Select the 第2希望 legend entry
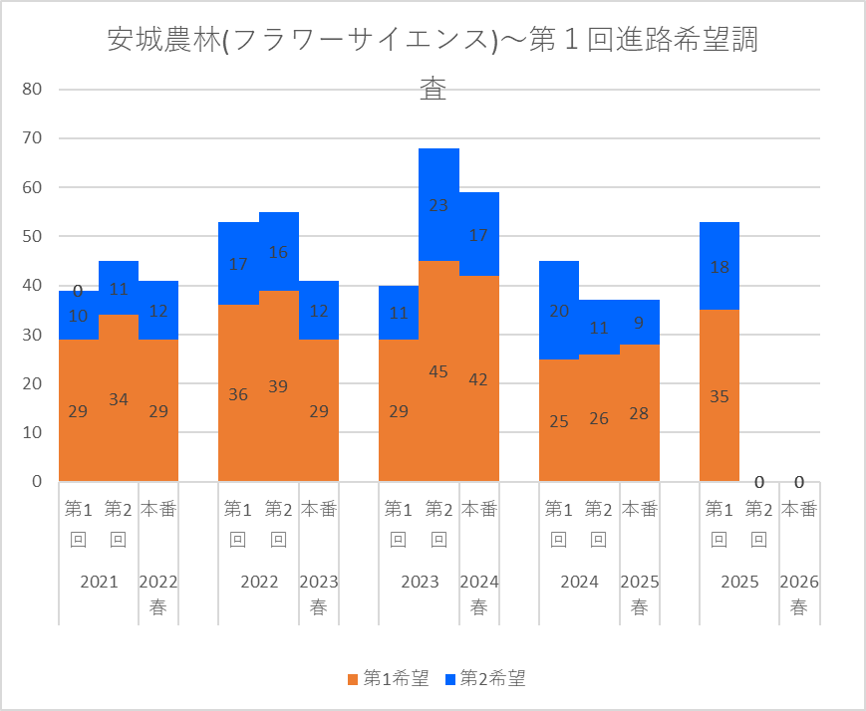coord(486,679)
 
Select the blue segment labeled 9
coord(640,323)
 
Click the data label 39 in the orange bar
coord(279,386)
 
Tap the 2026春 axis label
coord(799,595)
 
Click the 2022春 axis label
coord(158,595)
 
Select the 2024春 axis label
coord(479,595)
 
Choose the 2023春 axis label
coord(319,595)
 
